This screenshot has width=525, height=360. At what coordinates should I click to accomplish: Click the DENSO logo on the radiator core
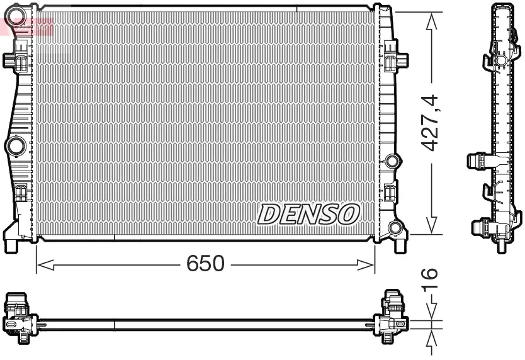tap(308, 214)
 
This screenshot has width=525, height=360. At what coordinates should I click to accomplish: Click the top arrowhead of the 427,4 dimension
tap(431, 21)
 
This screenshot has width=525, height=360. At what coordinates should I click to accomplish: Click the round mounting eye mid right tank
tap(393, 160)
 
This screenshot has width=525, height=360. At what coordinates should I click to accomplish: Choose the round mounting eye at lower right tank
tap(396, 228)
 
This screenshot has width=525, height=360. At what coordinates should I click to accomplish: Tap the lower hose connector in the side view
tap(482, 227)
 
